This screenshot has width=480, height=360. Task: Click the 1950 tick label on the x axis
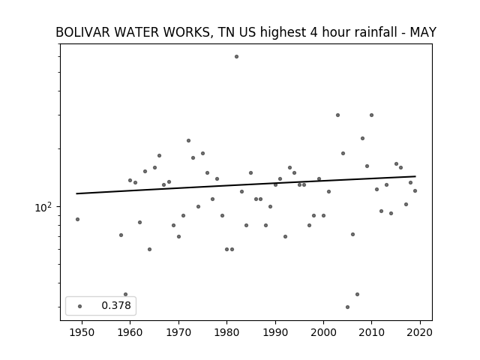[82, 332]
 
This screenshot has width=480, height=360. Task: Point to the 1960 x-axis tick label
[130, 332]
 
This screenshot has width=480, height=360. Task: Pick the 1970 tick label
[178, 332]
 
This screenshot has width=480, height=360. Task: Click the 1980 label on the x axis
[226, 332]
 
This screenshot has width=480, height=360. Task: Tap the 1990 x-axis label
[275, 332]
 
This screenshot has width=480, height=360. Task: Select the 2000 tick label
[323, 332]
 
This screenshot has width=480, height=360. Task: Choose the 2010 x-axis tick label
[372, 332]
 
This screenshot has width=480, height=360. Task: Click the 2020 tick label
[420, 332]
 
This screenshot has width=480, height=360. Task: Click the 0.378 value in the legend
[116, 305]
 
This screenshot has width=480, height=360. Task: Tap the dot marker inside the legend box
[80, 306]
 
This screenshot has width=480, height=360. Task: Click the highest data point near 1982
[237, 57]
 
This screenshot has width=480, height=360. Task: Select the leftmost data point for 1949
[77, 219]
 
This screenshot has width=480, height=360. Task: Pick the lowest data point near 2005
[347, 307]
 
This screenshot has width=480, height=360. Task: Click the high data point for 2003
[337, 115]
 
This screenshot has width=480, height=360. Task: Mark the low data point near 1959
[125, 294]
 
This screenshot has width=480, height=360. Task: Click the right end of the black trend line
[415, 176]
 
